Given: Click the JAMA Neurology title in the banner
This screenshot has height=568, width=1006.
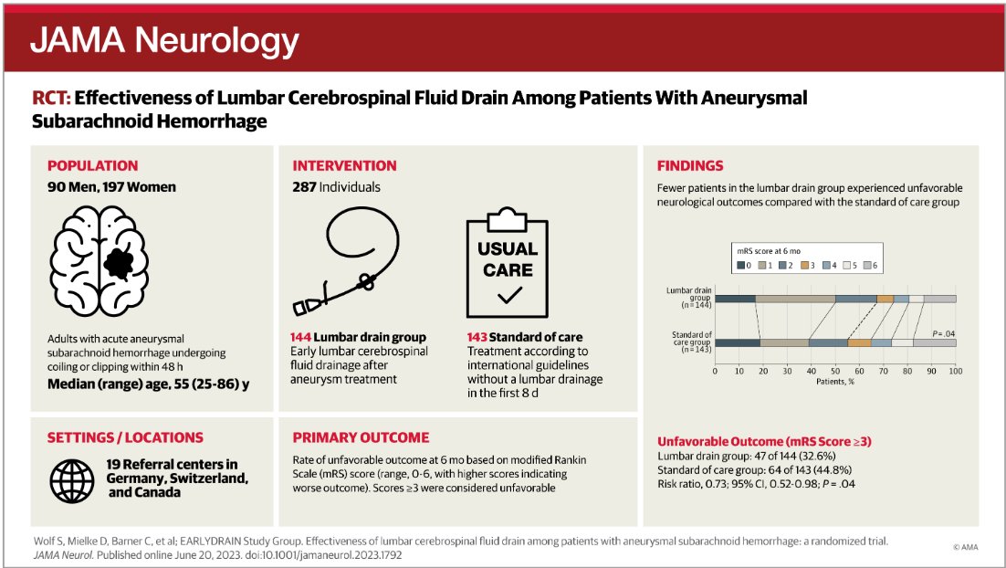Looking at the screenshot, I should coord(164,40).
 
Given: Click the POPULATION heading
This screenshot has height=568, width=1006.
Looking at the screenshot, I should coord(92,166).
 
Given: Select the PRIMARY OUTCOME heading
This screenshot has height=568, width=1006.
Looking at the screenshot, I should coord(361,437).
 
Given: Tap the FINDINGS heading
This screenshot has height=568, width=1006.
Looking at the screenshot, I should coord(690,166).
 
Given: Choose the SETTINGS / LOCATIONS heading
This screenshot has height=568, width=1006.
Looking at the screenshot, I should coord(125,437).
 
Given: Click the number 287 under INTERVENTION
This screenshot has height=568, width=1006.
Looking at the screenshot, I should coord(305,187).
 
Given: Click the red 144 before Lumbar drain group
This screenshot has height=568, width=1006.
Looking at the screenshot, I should coord(302,338).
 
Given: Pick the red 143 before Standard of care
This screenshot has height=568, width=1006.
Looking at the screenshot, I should coord(480,338).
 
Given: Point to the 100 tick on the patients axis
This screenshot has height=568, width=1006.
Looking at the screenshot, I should coord(955,372).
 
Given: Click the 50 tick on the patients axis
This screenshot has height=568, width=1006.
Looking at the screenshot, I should coord(834,372).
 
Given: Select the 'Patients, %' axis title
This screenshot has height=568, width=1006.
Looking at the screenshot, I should coord(834,382).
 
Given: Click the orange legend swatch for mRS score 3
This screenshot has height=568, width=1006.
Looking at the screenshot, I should coord(807,266).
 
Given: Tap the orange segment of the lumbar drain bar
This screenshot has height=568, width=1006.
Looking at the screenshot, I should coord(885,299).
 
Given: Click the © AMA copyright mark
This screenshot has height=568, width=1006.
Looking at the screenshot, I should coord(967,547).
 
